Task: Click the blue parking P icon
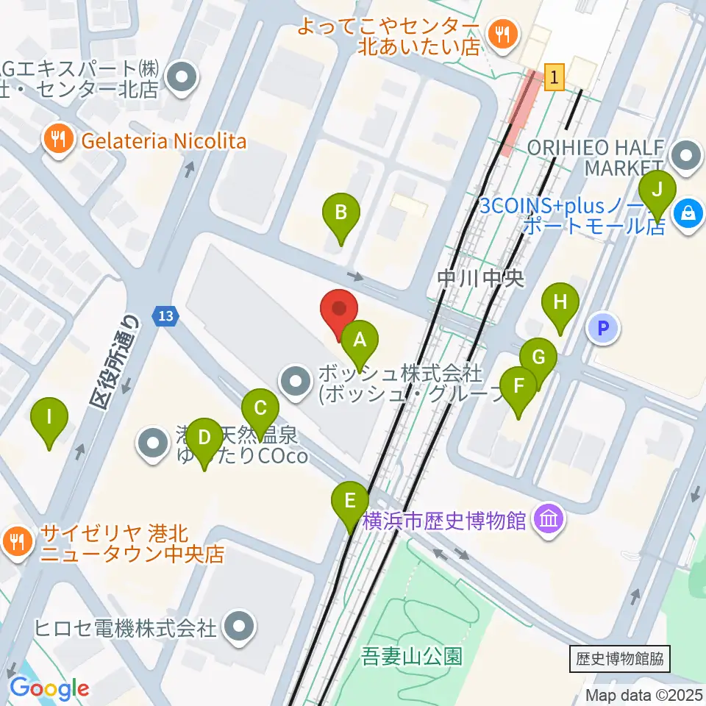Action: point(604,329)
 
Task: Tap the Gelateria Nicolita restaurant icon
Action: point(57,140)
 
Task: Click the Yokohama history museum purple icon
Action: point(549,521)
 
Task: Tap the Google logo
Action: point(49,688)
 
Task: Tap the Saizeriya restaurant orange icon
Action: point(17,542)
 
